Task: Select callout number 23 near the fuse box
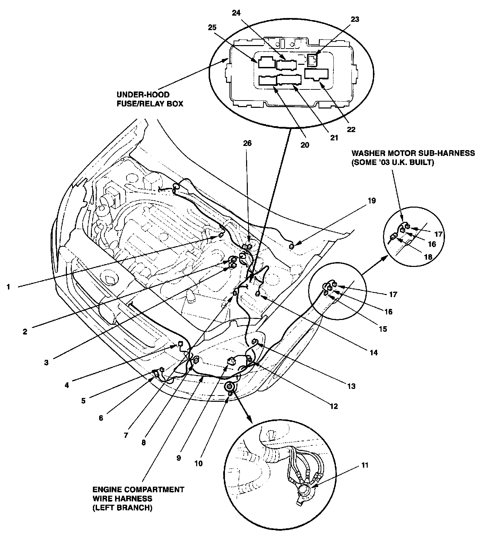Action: (x=355, y=19)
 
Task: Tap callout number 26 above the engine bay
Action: (x=247, y=143)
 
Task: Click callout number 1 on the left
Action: (x=9, y=287)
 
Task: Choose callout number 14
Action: (x=373, y=353)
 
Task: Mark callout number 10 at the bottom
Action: (x=198, y=463)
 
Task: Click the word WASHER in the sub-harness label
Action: (x=367, y=153)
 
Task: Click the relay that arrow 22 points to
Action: (x=316, y=74)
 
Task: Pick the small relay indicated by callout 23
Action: (x=312, y=60)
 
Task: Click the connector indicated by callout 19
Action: (x=291, y=246)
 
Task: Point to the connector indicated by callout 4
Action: (x=180, y=344)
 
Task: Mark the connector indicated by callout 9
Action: (x=231, y=361)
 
